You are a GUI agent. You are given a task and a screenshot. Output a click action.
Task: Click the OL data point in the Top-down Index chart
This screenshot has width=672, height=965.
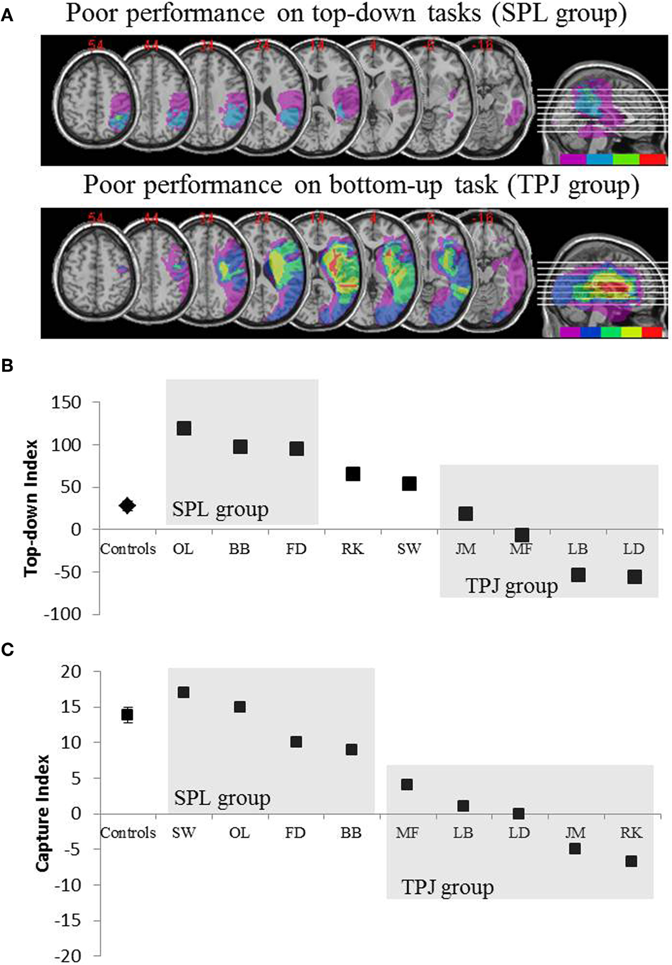coord(184,429)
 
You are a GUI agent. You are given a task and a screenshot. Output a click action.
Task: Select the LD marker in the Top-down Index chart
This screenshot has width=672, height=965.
coord(634,577)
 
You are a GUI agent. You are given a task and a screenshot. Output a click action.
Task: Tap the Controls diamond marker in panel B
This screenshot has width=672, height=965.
coord(128,505)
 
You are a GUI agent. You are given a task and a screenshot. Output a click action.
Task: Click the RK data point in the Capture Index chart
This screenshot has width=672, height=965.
coord(631,861)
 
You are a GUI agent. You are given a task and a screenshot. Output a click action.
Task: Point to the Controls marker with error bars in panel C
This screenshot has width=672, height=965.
coord(128,714)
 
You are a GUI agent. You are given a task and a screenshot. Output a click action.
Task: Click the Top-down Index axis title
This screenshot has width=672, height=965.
coord(32,508)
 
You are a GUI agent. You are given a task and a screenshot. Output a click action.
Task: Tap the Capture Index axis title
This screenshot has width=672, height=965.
coord(43,813)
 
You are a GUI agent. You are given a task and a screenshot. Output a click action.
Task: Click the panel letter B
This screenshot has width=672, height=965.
coord(8,366)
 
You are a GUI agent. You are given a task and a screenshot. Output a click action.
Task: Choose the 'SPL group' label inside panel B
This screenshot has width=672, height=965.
coord(220,510)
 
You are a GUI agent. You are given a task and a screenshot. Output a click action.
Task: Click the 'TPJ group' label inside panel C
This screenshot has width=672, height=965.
coord(447,887)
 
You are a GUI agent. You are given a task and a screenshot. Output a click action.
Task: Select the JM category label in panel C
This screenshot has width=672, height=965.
coord(575,833)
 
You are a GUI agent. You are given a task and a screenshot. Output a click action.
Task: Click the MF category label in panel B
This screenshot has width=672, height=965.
coord(522,548)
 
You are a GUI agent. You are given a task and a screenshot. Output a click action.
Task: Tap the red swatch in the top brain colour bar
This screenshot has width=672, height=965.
coord(653,159)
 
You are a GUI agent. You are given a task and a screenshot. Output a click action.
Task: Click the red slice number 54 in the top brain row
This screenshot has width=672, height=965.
coord(95,46)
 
